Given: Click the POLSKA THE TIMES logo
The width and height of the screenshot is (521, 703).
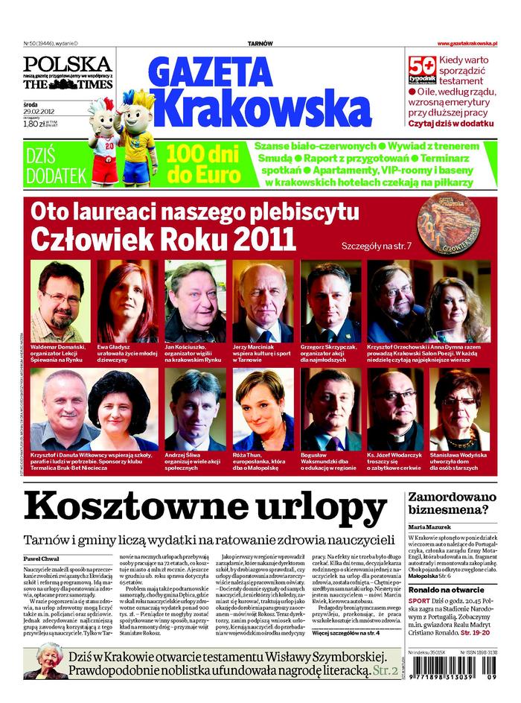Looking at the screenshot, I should (68, 73).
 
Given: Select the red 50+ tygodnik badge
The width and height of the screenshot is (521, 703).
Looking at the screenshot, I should (423, 69).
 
